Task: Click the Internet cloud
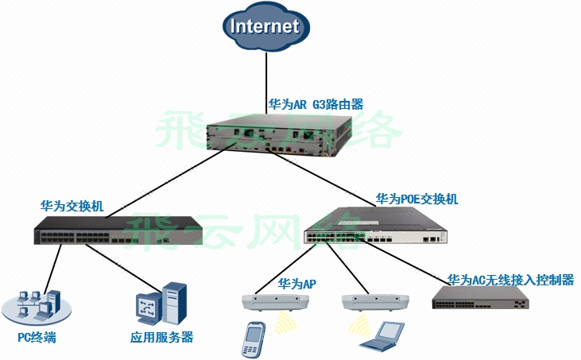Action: tap(265, 27)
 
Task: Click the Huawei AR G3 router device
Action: tap(278, 134)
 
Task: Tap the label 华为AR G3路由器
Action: tap(316, 104)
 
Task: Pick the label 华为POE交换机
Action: tap(416, 199)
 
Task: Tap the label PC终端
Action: tap(37, 338)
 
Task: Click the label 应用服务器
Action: tap(161, 338)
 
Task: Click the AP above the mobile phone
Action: tap(274, 302)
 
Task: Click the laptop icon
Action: tap(380, 336)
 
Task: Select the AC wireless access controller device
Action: tap(481, 298)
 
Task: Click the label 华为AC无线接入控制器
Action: tap(510, 280)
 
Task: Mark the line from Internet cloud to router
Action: tap(264, 79)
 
